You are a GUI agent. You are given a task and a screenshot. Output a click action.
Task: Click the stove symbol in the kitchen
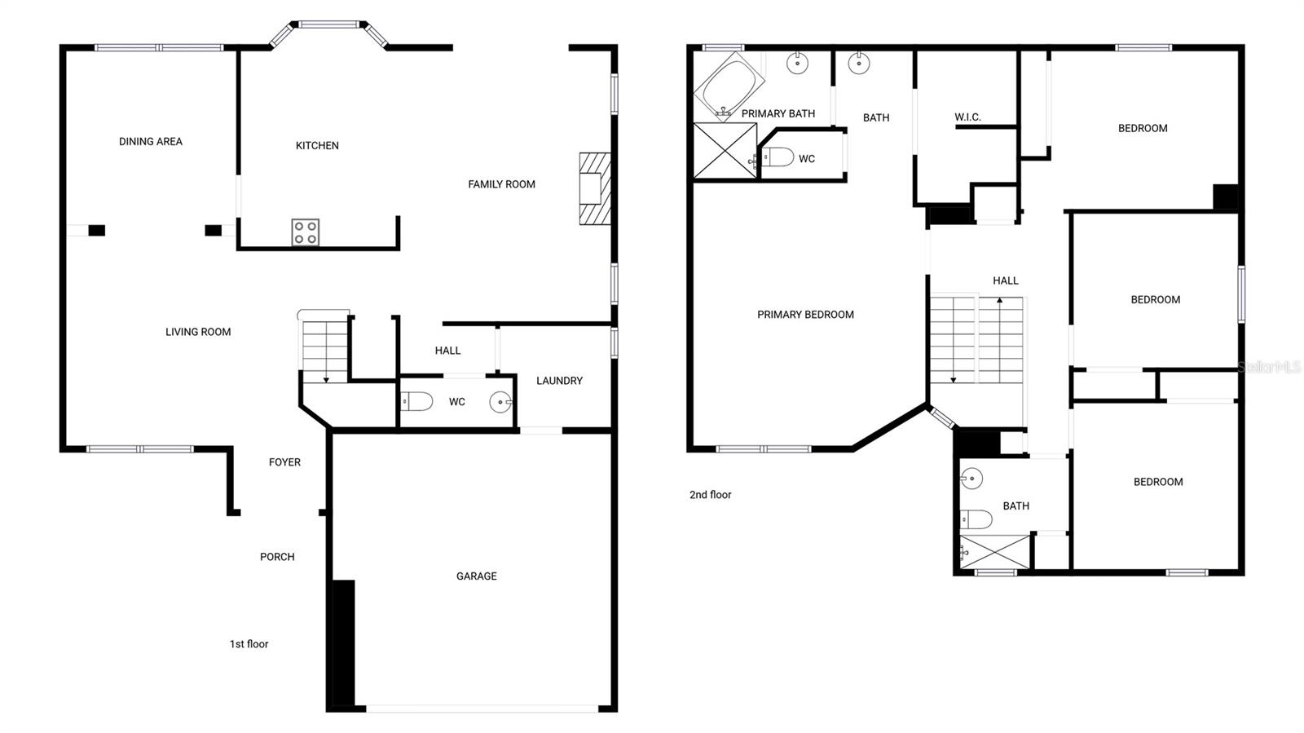click(x=306, y=232)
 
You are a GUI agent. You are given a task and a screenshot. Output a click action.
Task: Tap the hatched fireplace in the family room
click(x=595, y=188)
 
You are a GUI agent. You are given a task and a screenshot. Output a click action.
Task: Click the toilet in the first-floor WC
click(x=416, y=401)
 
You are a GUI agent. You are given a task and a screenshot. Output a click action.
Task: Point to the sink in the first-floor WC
click(x=500, y=402)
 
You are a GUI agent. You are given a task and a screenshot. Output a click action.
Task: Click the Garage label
click(x=476, y=576)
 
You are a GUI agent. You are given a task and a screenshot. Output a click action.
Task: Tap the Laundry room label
click(x=559, y=381)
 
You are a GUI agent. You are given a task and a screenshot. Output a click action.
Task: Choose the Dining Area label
click(x=151, y=142)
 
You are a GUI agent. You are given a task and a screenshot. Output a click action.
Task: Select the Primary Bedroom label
click(x=805, y=315)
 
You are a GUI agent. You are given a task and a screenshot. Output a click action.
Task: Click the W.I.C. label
click(x=967, y=117)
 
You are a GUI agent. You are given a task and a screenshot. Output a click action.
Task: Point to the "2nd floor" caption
click(x=710, y=495)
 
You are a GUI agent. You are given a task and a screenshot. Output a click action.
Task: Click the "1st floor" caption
click(x=249, y=644)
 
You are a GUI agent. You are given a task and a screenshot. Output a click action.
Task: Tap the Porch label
click(x=277, y=557)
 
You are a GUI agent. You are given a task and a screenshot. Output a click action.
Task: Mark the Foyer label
click(x=284, y=462)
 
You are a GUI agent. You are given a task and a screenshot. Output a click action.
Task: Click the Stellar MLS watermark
click(x=1269, y=368)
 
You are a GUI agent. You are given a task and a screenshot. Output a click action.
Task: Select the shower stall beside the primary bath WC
click(x=724, y=151)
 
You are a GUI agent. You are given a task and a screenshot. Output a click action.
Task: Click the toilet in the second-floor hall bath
click(x=975, y=519)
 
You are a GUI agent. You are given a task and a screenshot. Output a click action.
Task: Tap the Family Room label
click(x=501, y=184)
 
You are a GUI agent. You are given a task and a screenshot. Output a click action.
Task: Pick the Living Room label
click(x=198, y=332)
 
